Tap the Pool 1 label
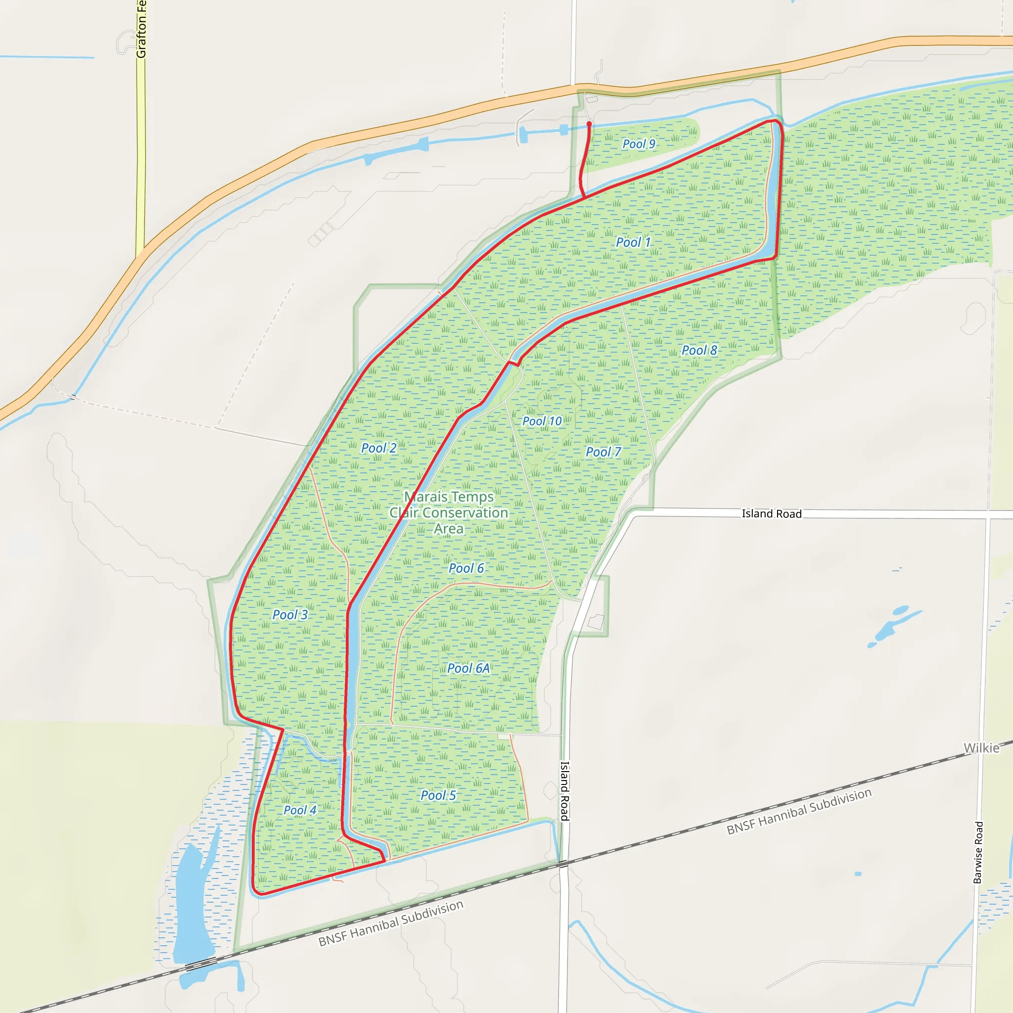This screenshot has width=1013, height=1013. (633, 242)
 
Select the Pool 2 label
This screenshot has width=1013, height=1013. (378, 448)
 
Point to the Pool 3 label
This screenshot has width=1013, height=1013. (290, 614)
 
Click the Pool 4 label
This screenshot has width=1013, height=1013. (300, 810)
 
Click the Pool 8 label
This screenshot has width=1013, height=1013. (699, 350)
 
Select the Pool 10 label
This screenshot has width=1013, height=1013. (542, 421)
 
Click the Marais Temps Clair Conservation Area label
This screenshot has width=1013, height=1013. (449, 512)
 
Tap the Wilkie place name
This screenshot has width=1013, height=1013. (981, 748)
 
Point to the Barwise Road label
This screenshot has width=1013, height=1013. (978, 853)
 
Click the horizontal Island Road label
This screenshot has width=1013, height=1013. (771, 514)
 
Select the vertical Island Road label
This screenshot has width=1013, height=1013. (565, 791)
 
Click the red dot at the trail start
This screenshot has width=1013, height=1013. (589, 124)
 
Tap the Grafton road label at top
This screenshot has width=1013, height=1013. (141, 29)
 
